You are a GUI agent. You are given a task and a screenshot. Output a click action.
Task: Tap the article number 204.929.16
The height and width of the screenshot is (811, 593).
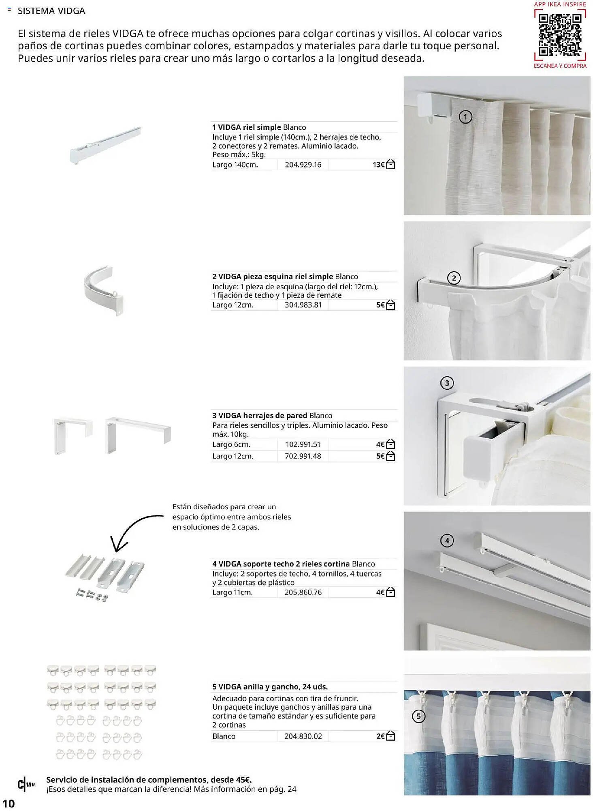(303, 165)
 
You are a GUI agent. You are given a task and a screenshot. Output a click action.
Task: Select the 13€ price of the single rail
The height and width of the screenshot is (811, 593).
(378, 165)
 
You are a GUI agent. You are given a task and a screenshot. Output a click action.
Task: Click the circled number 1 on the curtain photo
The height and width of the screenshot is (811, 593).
(465, 117)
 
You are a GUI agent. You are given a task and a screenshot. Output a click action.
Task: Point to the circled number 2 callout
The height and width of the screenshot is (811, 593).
(454, 278)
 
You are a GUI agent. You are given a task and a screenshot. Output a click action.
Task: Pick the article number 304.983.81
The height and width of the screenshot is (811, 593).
(303, 305)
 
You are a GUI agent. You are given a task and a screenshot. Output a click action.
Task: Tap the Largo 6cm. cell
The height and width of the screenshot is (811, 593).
(231, 444)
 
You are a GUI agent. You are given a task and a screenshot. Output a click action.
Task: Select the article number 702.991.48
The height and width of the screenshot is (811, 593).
(303, 456)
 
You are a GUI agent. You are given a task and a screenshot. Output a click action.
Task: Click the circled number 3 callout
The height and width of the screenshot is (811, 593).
(447, 383)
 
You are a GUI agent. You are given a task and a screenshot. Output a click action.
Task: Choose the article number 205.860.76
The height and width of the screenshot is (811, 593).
(303, 592)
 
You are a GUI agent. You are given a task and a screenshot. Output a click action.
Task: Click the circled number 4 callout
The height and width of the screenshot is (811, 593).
(447, 541)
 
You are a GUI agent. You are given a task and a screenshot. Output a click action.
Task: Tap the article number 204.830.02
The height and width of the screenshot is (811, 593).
(303, 736)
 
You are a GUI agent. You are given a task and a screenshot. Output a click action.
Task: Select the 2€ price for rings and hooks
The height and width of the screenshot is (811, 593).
(380, 736)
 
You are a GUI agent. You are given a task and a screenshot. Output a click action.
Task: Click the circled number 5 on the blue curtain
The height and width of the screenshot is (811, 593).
(418, 717)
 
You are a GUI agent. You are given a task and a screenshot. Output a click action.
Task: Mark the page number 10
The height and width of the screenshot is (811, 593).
(9, 804)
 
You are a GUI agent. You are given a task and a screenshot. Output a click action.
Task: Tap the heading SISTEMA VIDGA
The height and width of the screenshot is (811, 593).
(51, 11)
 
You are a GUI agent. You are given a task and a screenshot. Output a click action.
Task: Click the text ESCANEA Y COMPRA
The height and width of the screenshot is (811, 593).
(560, 66)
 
